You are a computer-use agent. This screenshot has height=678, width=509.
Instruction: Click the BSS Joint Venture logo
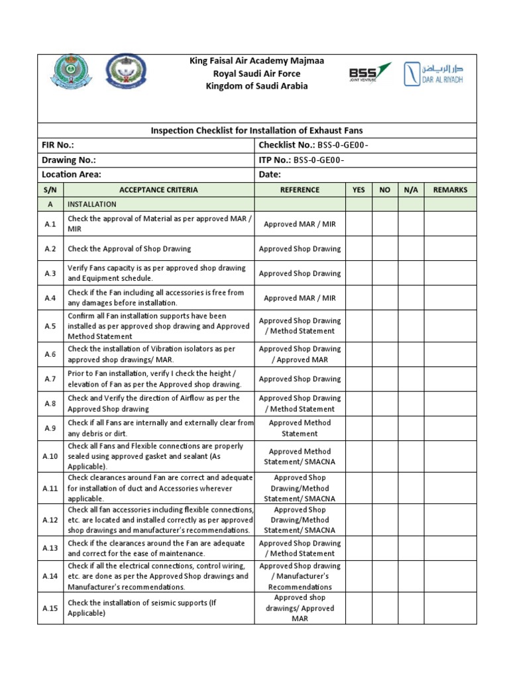click(369, 73)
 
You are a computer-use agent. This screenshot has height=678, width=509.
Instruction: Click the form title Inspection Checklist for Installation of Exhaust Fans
click(257, 130)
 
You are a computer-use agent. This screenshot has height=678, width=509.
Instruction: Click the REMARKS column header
click(450, 190)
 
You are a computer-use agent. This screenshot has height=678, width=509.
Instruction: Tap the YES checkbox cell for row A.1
click(359, 224)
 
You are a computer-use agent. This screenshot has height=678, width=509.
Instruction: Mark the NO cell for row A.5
click(384, 326)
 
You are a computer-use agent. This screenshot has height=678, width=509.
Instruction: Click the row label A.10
click(51, 457)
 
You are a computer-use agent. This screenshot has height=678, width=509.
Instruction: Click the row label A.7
click(51, 379)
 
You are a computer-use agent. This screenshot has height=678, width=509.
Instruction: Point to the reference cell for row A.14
click(300, 576)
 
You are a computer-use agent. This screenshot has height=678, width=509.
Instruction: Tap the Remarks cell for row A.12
click(450, 520)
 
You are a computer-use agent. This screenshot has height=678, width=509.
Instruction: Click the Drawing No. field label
click(68, 160)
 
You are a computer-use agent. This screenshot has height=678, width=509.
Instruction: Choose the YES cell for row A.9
click(359, 428)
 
